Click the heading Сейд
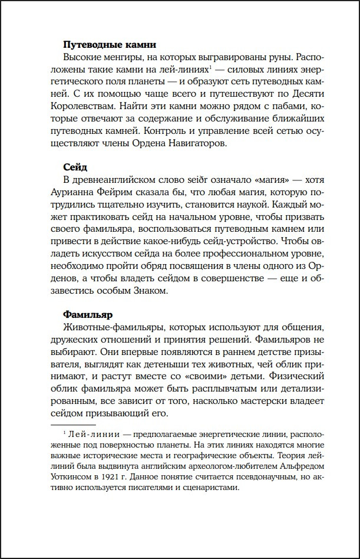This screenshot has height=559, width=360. click(x=75, y=167)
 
